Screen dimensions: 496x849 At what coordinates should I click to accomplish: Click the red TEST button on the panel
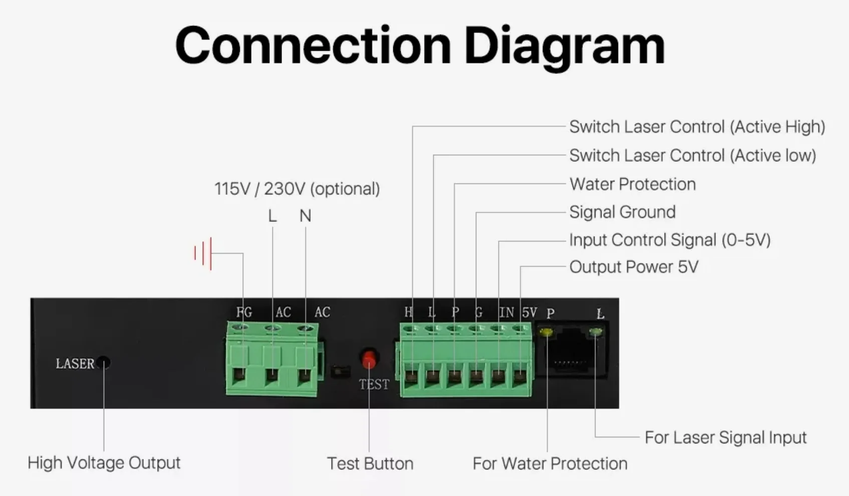[369, 360]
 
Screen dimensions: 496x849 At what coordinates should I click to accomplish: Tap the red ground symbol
[203, 254]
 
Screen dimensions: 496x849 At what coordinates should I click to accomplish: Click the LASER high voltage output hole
[104, 362]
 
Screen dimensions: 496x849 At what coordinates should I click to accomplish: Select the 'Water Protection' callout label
[632, 184]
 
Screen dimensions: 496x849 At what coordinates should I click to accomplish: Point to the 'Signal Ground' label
[622, 212]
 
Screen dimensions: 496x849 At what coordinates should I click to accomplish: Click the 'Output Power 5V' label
[634, 267]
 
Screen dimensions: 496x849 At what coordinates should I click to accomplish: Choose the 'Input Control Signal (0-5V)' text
[669, 240]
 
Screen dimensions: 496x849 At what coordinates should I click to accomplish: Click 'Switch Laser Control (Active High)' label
[697, 127]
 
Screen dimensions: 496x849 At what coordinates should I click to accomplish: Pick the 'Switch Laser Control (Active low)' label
[692, 155]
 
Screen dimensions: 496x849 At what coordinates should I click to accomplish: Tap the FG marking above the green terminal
[244, 312]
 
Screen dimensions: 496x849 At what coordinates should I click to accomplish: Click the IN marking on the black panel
[506, 313]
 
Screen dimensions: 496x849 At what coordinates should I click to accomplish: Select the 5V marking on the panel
[529, 313]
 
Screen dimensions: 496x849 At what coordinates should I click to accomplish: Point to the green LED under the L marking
[596, 332]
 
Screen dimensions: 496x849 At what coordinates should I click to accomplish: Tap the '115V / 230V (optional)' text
[297, 189]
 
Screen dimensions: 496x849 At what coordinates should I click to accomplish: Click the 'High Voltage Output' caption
[104, 462]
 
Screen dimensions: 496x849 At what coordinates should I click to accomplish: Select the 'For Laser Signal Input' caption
[725, 437]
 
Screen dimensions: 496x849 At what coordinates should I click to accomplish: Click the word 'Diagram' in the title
[564, 46]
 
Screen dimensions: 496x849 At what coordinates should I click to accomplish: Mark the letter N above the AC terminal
[305, 216]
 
